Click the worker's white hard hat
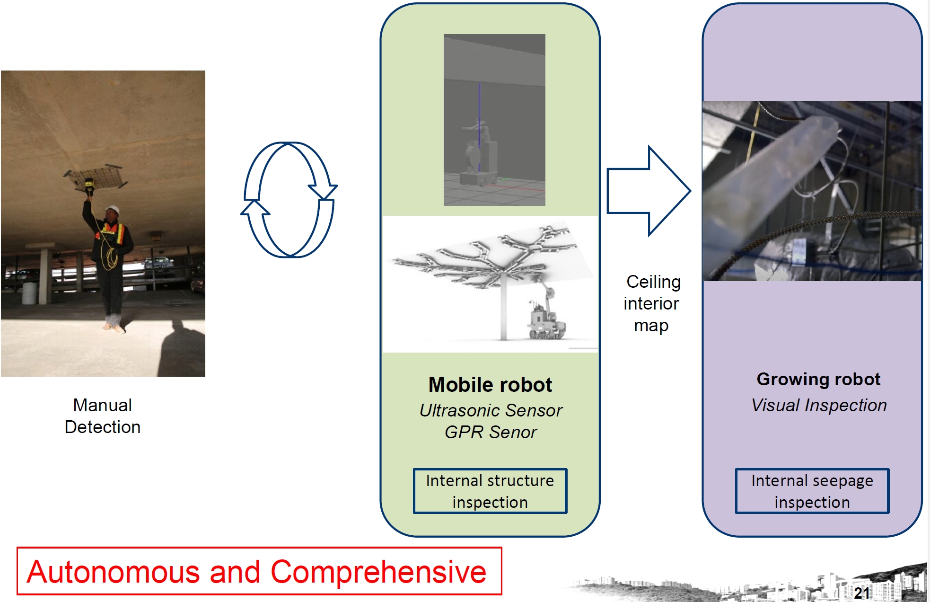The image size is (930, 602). (x=112, y=209)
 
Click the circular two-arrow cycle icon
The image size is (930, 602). (x=289, y=200)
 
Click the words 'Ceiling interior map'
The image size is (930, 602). (x=652, y=303)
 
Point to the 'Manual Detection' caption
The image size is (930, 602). (x=103, y=416)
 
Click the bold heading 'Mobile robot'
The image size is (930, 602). (x=490, y=385)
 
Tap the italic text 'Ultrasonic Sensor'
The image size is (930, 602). (x=491, y=410)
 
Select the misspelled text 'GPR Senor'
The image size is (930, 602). (x=491, y=432)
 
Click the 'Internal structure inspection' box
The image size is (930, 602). (x=490, y=491)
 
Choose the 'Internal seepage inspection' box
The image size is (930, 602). (x=812, y=491)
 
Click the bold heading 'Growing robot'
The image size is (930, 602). (x=818, y=379)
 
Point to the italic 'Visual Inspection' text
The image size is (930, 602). (x=819, y=405)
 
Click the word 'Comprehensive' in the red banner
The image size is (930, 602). (x=378, y=572)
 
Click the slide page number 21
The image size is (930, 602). (x=861, y=593)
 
